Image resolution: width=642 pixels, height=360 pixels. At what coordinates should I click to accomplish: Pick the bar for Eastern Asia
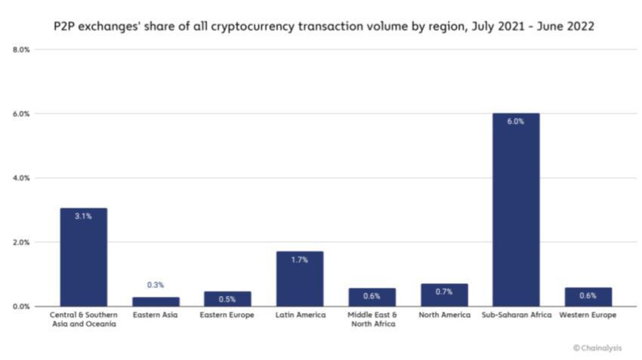pyautogui.click(x=155, y=302)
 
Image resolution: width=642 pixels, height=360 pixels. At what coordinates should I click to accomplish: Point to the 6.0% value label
pyautogui.click(x=516, y=122)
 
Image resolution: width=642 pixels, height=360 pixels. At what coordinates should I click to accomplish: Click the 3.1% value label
pyautogui.click(x=83, y=216)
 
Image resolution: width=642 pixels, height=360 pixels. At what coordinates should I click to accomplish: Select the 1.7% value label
pyautogui.click(x=300, y=260)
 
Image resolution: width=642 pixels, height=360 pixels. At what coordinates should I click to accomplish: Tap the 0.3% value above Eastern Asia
pyautogui.click(x=155, y=285)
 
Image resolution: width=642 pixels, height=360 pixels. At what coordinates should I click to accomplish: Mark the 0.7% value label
pyautogui.click(x=444, y=291)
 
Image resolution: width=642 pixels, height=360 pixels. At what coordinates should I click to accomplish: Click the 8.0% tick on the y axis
pyautogui.click(x=21, y=50)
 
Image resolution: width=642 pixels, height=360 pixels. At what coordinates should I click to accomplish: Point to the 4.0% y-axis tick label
pyautogui.click(x=21, y=178)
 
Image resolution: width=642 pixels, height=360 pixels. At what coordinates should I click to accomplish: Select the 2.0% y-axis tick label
pyautogui.click(x=21, y=242)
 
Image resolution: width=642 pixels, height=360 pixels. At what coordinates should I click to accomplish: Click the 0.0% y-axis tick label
pyautogui.click(x=21, y=306)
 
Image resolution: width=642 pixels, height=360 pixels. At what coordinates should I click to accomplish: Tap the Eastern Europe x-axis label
pyautogui.click(x=227, y=315)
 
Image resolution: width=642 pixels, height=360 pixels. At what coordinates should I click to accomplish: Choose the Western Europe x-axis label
pyautogui.click(x=588, y=315)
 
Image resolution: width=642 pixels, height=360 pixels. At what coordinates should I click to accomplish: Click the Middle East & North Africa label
pyautogui.click(x=372, y=319)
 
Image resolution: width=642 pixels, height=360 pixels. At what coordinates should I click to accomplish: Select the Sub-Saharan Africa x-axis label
pyautogui.click(x=516, y=315)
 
